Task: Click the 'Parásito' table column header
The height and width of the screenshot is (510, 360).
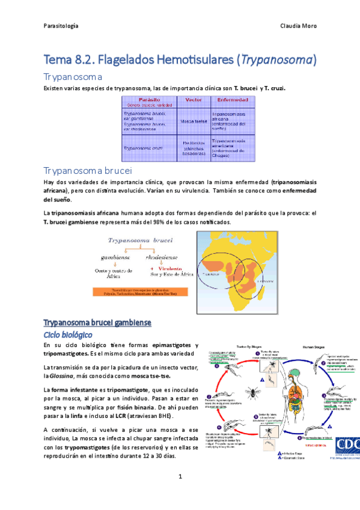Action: point(148,99)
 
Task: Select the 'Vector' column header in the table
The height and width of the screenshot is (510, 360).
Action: point(193,99)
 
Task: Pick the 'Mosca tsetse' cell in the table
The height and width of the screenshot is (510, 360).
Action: point(193,120)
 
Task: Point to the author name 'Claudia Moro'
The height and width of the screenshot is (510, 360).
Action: point(299,26)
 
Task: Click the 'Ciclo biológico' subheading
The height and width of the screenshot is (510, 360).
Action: point(67,333)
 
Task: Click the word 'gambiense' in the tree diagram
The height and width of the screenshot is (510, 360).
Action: point(116,257)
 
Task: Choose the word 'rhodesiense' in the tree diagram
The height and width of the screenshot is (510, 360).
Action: point(162,257)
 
